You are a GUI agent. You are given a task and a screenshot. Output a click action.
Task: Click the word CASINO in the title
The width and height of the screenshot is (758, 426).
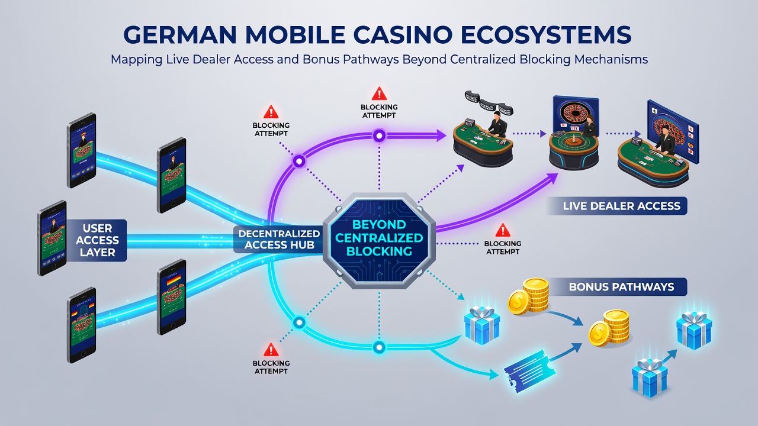tap(400, 34)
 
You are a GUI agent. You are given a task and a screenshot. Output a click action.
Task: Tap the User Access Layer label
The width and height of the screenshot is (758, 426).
tap(97, 240)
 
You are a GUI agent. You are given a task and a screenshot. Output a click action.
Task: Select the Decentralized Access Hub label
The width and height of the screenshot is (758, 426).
tap(279, 239)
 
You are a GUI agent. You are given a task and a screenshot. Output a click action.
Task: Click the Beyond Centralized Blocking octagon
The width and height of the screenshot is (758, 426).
tap(379, 240)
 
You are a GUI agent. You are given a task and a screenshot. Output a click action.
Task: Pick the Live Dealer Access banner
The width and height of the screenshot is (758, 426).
tap(617, 206)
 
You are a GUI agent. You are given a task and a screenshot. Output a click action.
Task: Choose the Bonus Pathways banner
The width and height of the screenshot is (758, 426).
tap(618, 287)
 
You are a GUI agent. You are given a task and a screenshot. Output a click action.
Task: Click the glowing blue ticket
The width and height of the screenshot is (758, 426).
tap(529, 371)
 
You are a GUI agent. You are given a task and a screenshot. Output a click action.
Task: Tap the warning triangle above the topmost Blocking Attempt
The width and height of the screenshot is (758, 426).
tap(379, 93)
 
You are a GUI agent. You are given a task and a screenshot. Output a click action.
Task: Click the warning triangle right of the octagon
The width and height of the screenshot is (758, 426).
tap(503, 230)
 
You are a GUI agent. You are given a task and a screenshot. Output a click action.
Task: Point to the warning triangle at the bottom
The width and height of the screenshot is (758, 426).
tap(271, 350)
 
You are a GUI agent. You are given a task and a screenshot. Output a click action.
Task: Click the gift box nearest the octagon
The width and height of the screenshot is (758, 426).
tap(482, 325)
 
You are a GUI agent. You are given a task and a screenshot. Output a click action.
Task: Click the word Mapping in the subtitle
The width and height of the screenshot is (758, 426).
tap(137, 60)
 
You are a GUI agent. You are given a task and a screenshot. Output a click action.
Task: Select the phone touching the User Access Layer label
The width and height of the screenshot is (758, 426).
tap(52, 238)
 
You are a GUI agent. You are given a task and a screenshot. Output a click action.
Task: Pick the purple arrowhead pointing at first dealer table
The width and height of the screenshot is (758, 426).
tap(441, 135)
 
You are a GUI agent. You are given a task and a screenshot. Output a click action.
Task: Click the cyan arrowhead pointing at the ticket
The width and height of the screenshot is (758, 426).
tap(493, 375)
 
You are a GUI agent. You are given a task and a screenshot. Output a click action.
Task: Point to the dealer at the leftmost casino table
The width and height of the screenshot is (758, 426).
tap(496, 124)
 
